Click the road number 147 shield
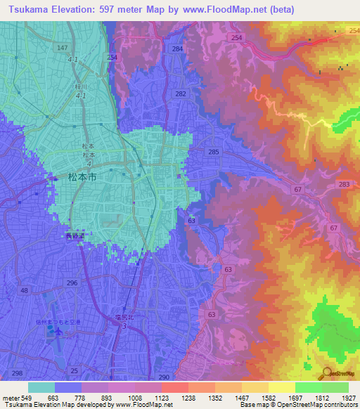(63, 47)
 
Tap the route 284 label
(177, 48)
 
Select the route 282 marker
(181, 93)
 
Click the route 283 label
(343, 184)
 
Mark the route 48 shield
(25, 290)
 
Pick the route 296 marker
(72, 283)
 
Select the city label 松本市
(80, 178)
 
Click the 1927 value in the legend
(336, 398)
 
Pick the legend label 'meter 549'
(15, 398)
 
